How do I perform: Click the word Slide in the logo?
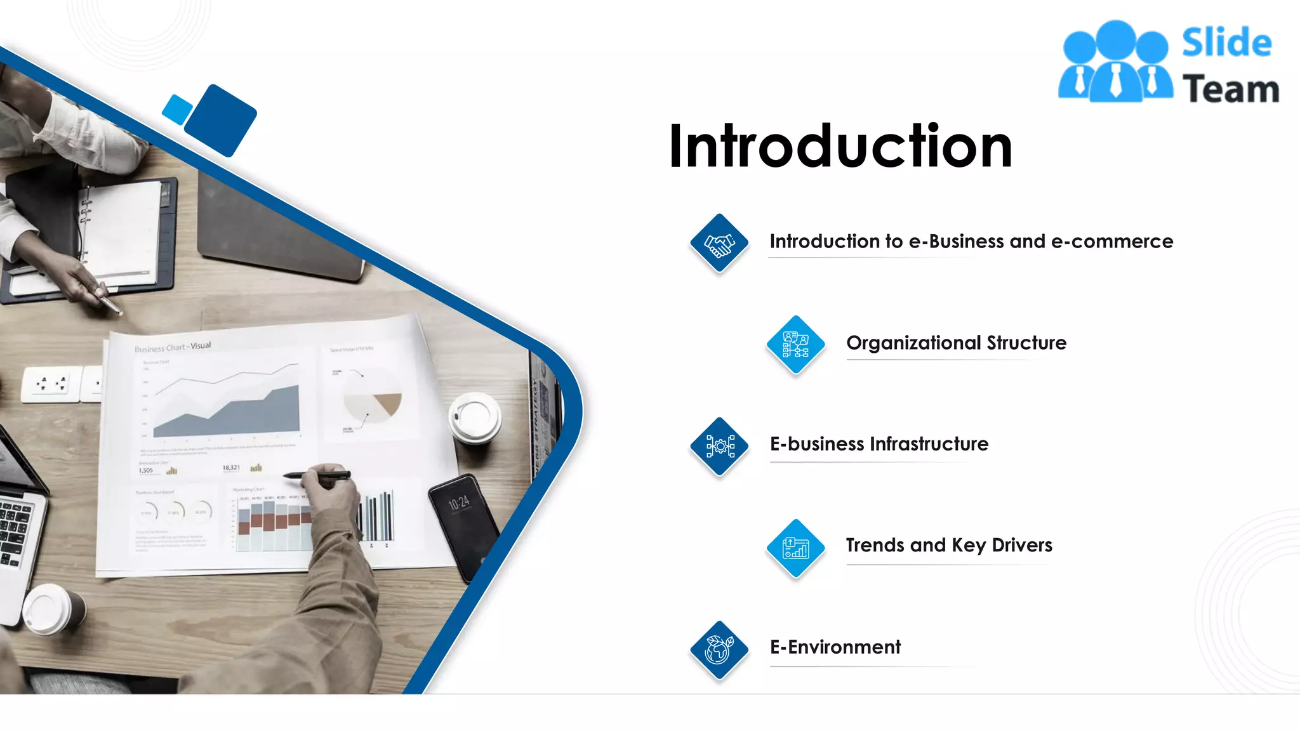pyautogui.click(x=1226, y=43)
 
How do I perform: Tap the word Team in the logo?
pyautogui.click(x=1230, y=89)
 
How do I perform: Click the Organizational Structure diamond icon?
pyautogui.click(x=795, y=345)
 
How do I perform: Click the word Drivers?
pyautogui.click(x=1022, y=545)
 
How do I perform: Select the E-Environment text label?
pyautogui.click(x=835, y=647)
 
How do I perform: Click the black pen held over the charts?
pyautogui.click(x=317, y=475)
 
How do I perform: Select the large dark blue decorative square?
pyautogui.click(x=220, y=121)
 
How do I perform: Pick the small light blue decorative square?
pyautogui.click(x=177, y=109)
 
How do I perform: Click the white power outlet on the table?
pyautogui.click(x=51, y=384)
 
